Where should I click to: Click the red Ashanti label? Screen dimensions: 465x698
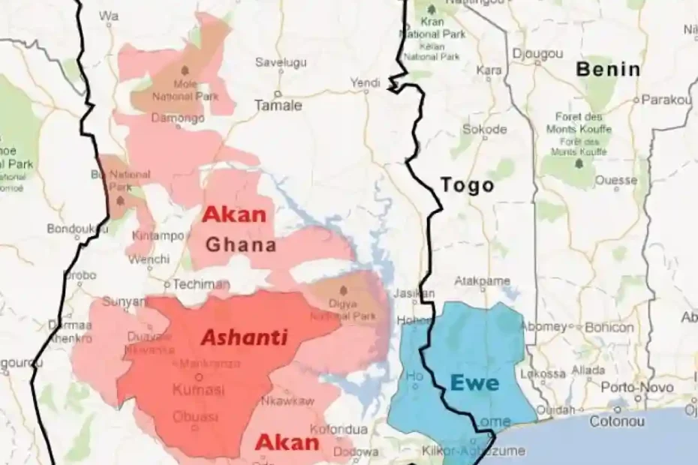click(244, 337)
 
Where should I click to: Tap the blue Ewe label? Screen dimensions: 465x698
click(474, 382)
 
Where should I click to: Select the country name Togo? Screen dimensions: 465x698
click(467, 185)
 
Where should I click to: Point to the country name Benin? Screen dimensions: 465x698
click(608, 70)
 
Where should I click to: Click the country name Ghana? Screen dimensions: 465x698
click(241, 244)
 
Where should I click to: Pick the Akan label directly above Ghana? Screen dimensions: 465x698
click(235, 215)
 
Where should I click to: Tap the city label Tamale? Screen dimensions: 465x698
click(278, 106)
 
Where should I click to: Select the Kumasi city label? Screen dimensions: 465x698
click(198, 390)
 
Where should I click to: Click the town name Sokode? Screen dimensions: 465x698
click(484, 129)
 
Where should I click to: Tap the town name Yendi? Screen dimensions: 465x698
click(366, 82)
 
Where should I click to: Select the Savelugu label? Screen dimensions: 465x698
click(281, 62)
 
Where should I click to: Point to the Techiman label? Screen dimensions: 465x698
click(200, 285)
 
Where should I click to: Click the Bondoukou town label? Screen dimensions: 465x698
click(74, 229)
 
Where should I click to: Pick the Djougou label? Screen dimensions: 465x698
click(537, 54)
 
